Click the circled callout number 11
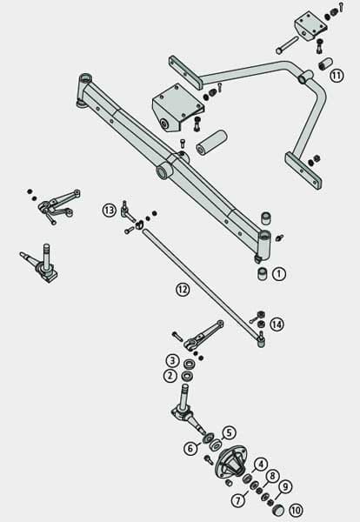tap(337, 76)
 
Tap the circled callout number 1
tap(279, 274)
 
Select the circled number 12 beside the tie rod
tap(183, 290)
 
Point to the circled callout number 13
tap(110, 211)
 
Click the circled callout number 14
tap(277, 325)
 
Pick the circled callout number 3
tap(172, 361)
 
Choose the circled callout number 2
tap(170, 376)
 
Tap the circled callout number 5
tap(229, 432)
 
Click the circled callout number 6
tap(190, 448)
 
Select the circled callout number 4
tap(262, 465)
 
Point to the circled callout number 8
tap(272, 476)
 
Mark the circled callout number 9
tap(285, 487)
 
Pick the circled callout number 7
tap(238, 500)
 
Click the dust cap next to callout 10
tap(277, 510)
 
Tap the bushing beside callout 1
tap(263, 274)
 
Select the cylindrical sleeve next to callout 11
tap(326, 64)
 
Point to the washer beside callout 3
tap(189, 364)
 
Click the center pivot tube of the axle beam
tap(163, 171)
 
